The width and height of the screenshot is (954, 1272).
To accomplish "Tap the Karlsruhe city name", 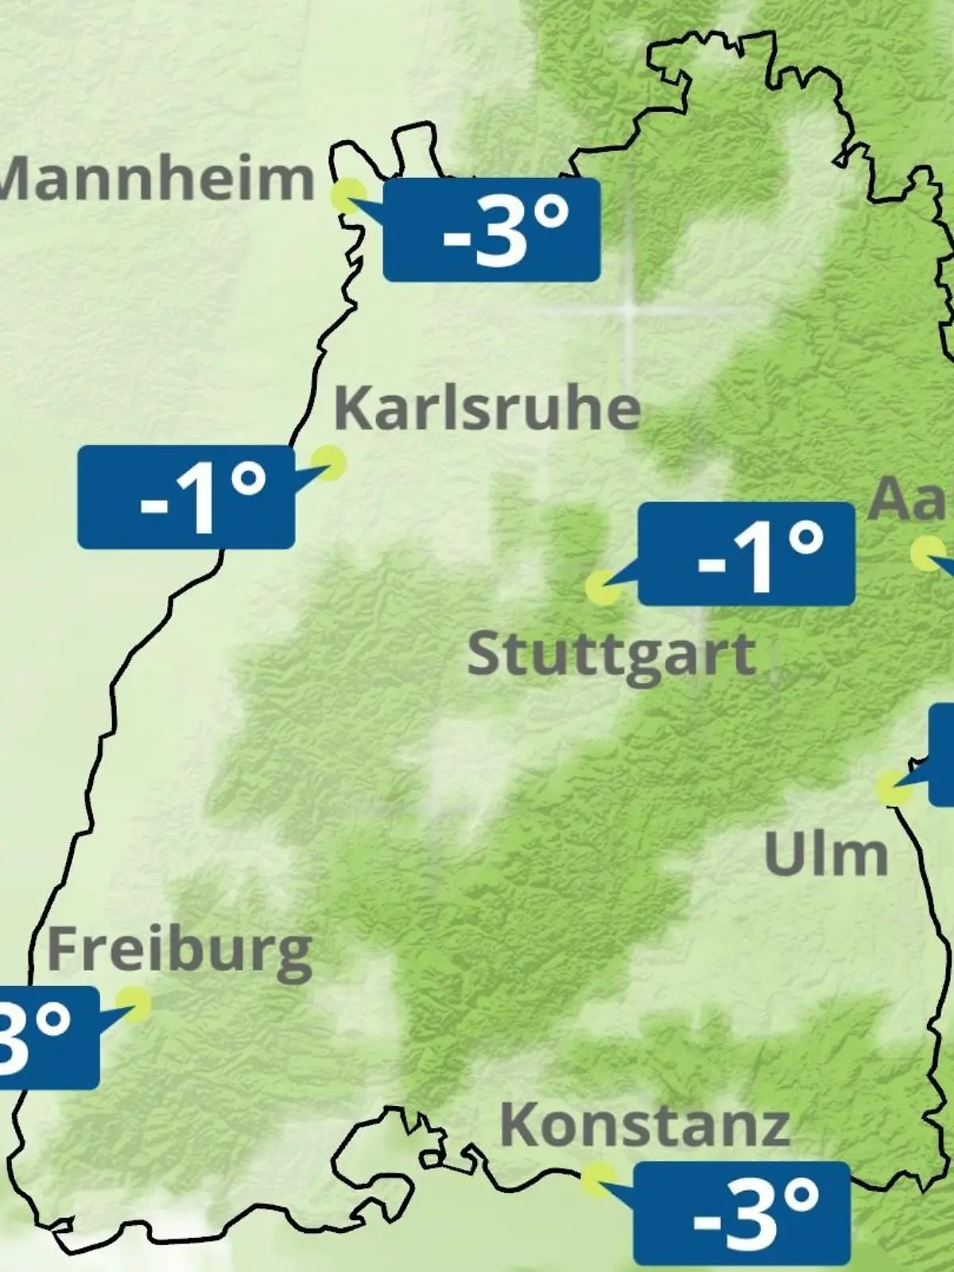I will [487, 409].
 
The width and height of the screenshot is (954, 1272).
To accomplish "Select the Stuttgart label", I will [611, 655].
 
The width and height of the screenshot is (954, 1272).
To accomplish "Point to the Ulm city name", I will [825, 854].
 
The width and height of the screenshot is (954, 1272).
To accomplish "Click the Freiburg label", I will [180, 951].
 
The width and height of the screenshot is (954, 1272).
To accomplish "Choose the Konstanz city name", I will [645, 1124].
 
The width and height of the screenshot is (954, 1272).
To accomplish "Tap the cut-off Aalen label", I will [911, 499].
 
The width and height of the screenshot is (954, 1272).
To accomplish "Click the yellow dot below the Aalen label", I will [927, 553].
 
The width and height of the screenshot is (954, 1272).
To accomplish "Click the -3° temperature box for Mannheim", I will [491, 230].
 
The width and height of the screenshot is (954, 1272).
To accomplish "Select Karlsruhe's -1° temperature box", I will [186, 497].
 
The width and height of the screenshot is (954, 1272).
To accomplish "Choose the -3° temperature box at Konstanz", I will [742, 1213].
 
